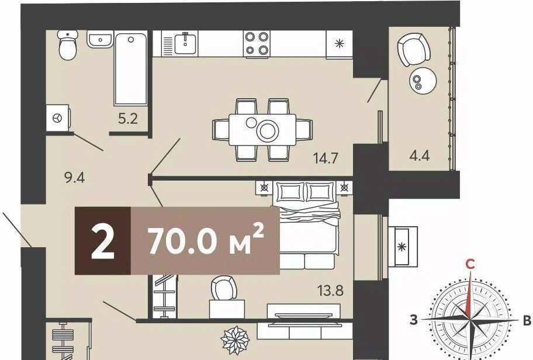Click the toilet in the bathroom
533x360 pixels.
pyautogui.click(x=68, y=45)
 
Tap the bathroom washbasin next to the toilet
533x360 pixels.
pyautogui.click(x=100, y=39)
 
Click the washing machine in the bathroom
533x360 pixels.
pyautogui.click(x=58, y=117)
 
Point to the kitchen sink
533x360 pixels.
pyautogui.click(x=186, y=43)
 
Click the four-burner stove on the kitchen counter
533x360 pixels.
pyautogui.click(x=257, y=43)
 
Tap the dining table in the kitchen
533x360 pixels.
pyautogui.click(x=262, y=130)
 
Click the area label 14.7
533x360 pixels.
pyautogui.click(x=326, y=158)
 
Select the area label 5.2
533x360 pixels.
pyautogui.click(x=128, y=119)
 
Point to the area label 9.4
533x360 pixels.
pyautogui.click(x=74, y=177)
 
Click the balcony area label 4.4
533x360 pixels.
pyautogui.click(x=420, y=155)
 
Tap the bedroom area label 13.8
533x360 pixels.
pyautogui.click(x=330, y=290)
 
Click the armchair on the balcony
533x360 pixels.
pyautogui.click(x=414, y=50)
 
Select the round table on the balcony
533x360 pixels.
pyautogui.click(x=423, y=80)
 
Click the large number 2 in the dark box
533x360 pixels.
pyautogui.click(x=103, y=241)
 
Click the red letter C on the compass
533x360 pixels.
pyautogui.click(x=470, y=264)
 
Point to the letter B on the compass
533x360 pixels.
pyautogui.click(x=527, y=320)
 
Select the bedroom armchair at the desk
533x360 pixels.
pyautogui.click(x=224, y=288)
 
